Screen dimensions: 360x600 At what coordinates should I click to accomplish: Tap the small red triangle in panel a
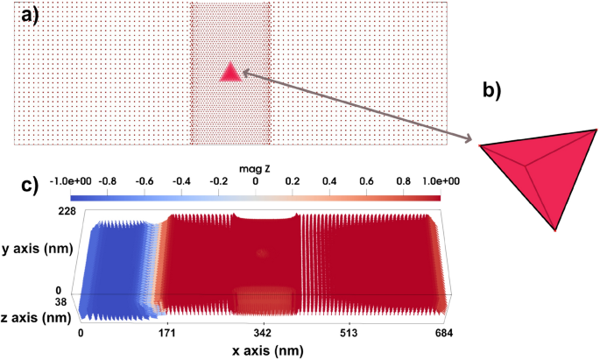(230, 73)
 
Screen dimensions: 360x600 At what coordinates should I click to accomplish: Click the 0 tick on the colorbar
(255, 181)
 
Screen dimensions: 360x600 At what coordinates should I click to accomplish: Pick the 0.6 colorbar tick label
(367, 181)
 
